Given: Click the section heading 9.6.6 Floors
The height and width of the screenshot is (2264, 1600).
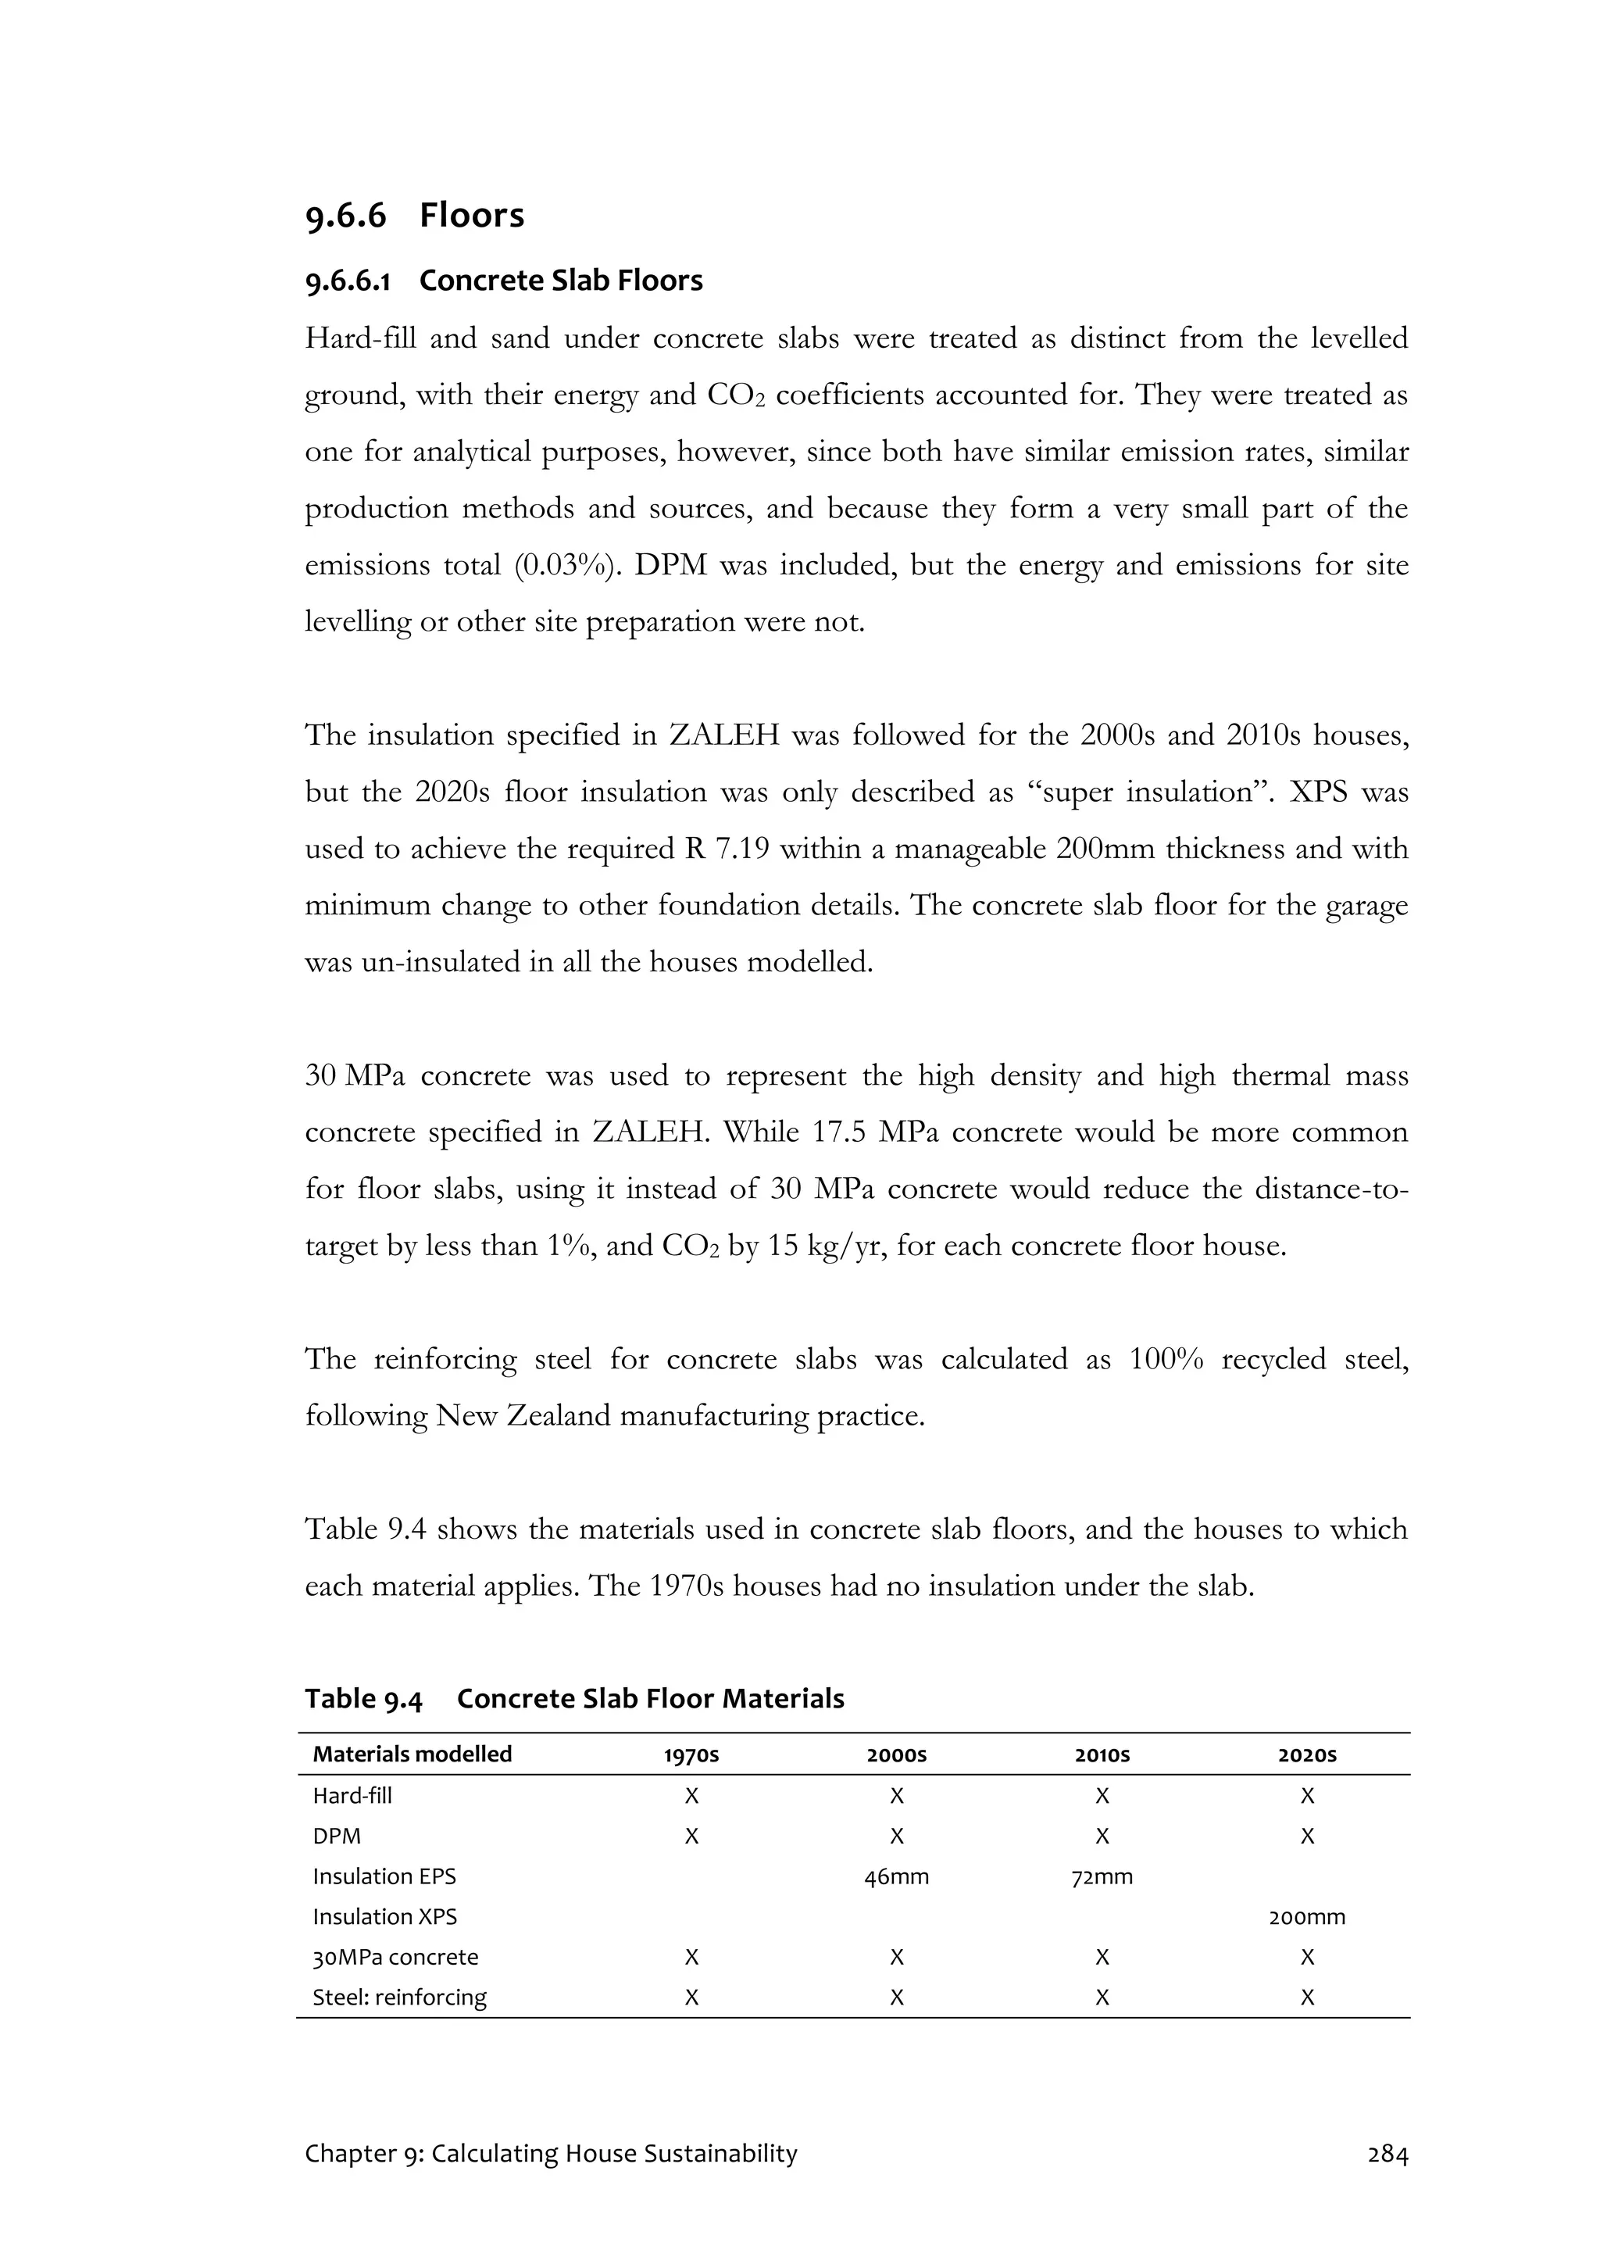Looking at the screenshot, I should [x=414, y=216].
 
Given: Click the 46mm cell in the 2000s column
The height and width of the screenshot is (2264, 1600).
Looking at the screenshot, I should [x=896, y=1876].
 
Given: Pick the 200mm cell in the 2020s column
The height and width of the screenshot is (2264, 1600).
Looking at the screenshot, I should [x=1306, y=1917].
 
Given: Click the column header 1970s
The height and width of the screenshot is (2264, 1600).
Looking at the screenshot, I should [x=691, y=1755].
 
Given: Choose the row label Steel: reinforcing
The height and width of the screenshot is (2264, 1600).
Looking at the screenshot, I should [x=399, y=1997].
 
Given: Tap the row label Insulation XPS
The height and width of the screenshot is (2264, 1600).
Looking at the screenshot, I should [x=384, y=1917].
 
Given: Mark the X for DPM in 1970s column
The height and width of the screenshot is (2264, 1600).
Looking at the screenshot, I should [x=691, y=1836].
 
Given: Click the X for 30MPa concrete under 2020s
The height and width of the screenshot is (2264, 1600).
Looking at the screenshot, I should [x=1306, y=1958].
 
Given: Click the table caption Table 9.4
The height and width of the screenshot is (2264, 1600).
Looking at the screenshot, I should [x=362, y=1699].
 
